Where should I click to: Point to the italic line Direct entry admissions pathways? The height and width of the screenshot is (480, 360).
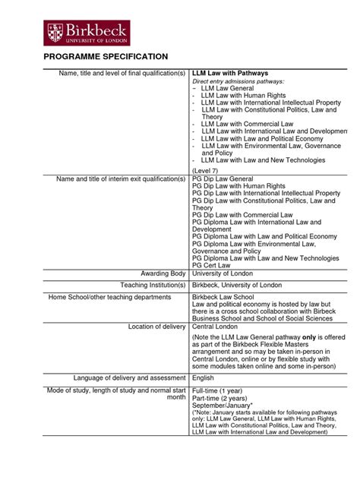(x=238, y=81)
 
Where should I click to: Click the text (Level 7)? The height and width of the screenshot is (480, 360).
(x=205, y=171)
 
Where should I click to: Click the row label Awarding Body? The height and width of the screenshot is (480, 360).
(x=163, y=273)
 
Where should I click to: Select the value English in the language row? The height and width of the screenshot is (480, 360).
(x=204, y=377)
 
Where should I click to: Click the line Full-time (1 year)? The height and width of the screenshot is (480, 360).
(x=219, y=390)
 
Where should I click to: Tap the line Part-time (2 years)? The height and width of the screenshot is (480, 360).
(x=222, y=398)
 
